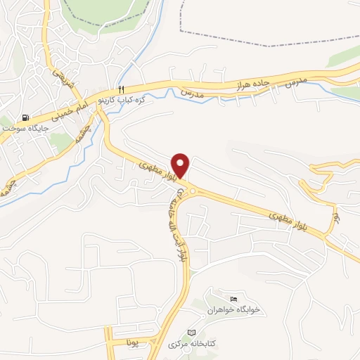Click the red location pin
click(181, 165)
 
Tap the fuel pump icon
click(27, 117)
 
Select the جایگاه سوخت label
click(22, 129)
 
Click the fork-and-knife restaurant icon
click(121, 89)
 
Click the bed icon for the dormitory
click(233, 299)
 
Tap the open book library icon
click(191, 332)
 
